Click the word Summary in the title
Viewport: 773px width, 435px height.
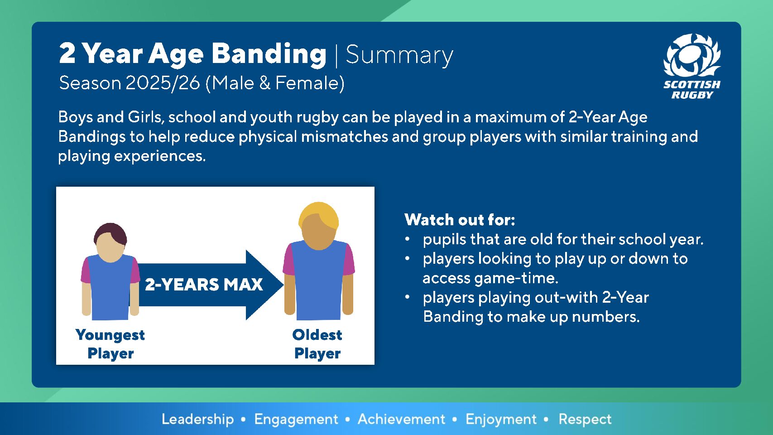[x=399, y=55]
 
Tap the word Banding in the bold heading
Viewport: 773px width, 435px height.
[x=269, y=54]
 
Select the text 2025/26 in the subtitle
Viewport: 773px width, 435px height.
[x=163, y=83]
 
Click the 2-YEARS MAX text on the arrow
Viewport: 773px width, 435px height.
[x=204, y=285]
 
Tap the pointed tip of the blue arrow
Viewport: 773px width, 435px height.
[x=283, y=285]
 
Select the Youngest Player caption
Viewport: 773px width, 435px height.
[x=110, y=344]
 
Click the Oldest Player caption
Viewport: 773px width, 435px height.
[x=317, y=344]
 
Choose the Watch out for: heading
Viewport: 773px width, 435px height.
[x=460, y=220]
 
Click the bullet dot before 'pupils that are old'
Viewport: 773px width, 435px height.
[x=408, y=239]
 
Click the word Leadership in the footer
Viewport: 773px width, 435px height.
[x=198, y=419]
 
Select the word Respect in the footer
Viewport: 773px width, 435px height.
[x=585, y=420]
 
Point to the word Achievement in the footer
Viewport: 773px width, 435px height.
[x=401, y=419]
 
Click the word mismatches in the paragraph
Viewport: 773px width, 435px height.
[x=345, y=136]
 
